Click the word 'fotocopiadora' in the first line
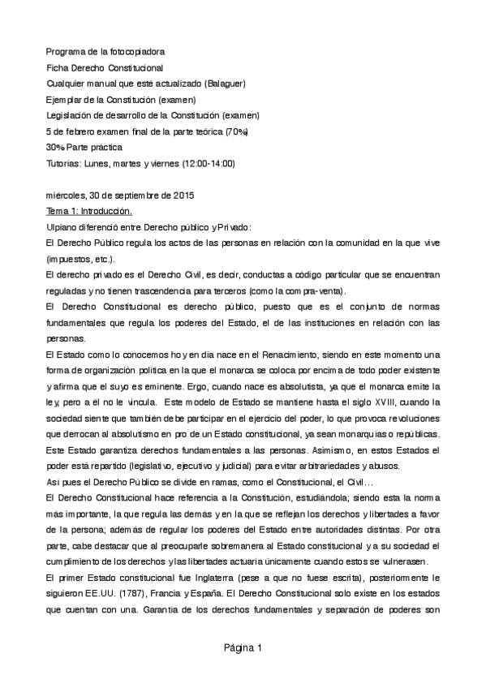(x=137, y=50)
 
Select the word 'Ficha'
(x=60, y=67)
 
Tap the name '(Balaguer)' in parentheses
(x=226, y=83)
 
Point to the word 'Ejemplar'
(x=67, y=99)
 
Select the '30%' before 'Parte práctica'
(x=57, y=148)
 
